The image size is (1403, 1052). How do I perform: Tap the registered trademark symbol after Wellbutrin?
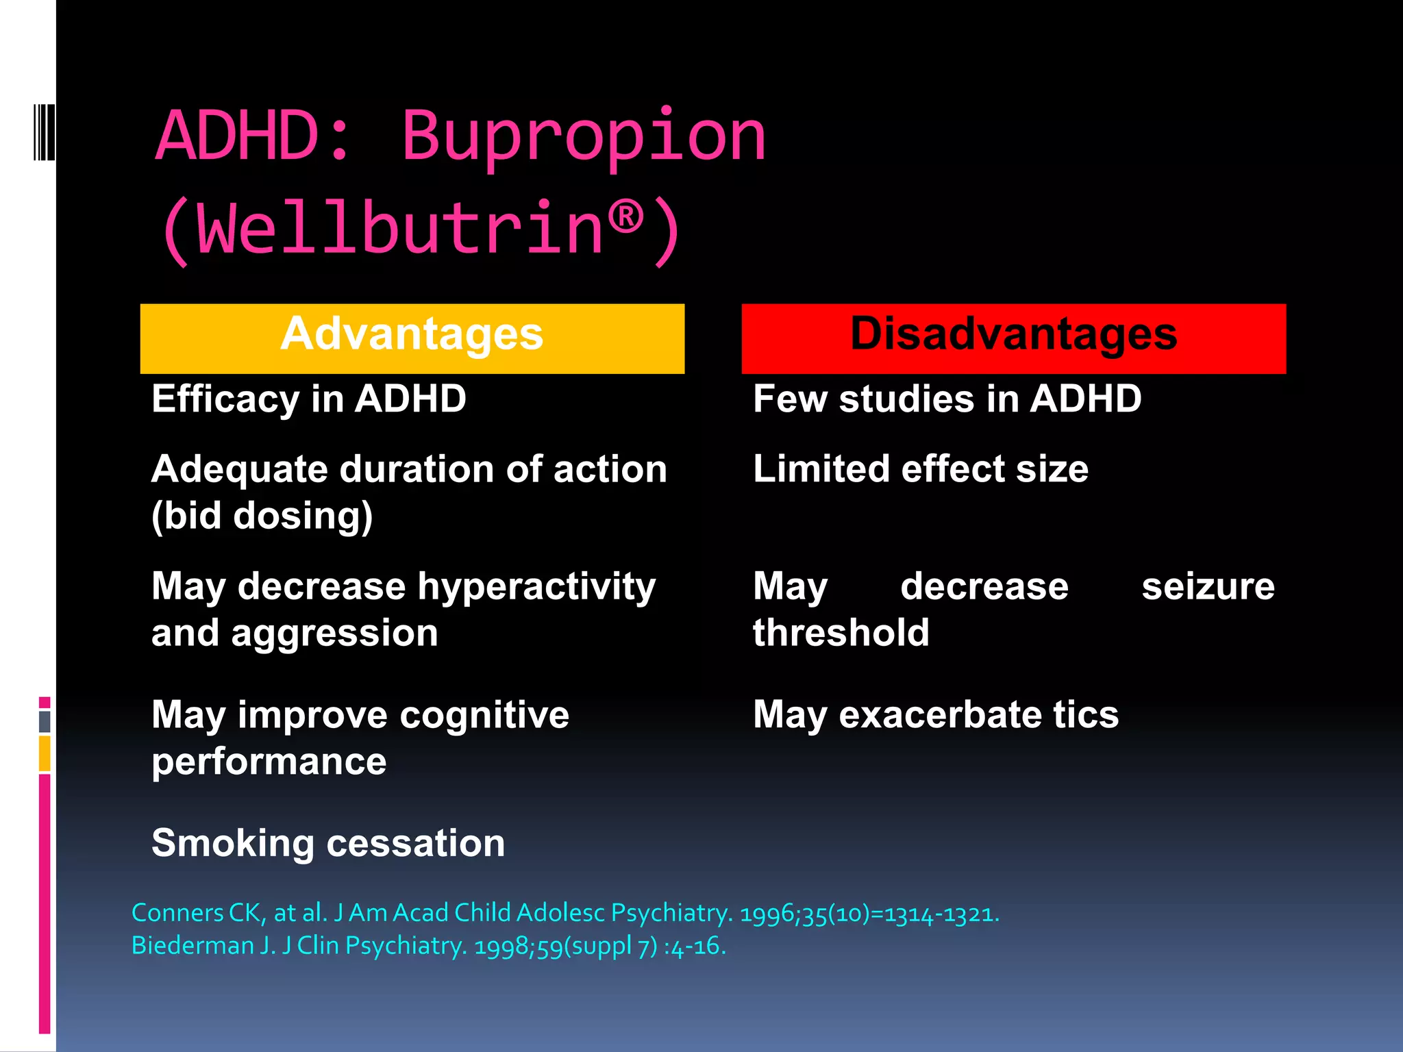pos(625,217)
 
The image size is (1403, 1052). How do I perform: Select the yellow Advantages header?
pos(412,338)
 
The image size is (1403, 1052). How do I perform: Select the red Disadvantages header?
pos(1013,338)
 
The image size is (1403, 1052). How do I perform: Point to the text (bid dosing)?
pos(262,516)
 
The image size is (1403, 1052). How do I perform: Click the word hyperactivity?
pos(536,588)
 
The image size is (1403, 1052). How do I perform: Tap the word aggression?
pos(334,634)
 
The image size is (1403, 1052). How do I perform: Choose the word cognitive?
pos(484,716)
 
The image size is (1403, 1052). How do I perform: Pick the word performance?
pos(269,762)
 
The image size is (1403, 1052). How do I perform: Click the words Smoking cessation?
pos(328,843)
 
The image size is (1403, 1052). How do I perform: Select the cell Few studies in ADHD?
pos(947,399)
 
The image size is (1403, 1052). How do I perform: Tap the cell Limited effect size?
pos(920,470)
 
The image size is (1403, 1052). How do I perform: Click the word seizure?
pos(1208,587)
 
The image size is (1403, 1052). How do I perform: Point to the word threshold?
pos(841,633)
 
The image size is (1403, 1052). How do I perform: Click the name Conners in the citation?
pos(176,914)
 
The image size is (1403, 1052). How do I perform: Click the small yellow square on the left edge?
pos(45,753)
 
